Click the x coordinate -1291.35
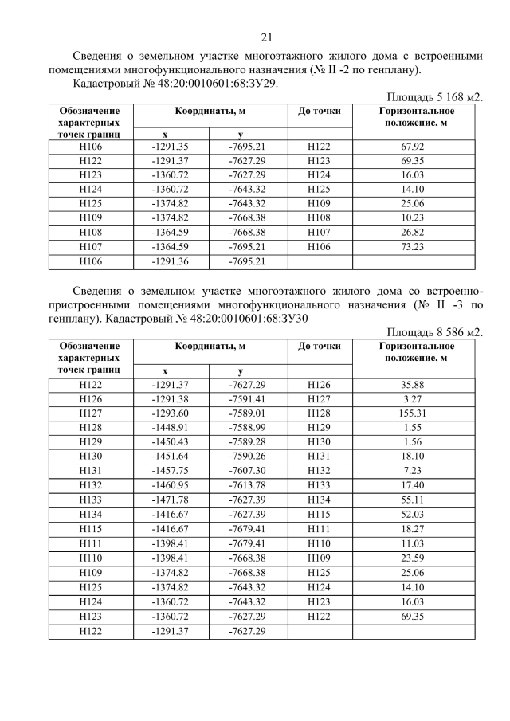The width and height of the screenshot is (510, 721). click(x=170, y=147)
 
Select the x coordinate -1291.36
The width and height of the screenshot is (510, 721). click(x=170, y=261)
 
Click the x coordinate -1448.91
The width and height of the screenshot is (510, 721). click(x=170, y=429)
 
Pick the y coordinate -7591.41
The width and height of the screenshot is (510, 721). click(x=246, y=400)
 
